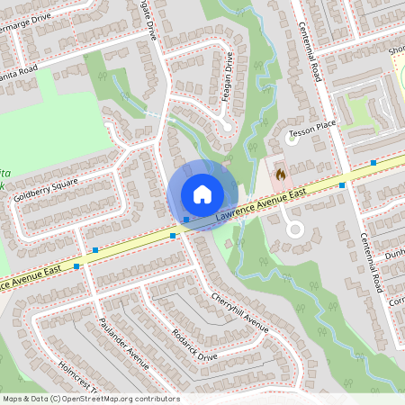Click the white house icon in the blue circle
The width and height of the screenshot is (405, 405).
202,194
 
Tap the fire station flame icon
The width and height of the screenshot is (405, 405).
279,171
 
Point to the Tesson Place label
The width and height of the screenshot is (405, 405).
311,135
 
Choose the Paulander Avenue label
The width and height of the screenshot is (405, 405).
123,343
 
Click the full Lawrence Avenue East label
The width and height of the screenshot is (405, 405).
261,204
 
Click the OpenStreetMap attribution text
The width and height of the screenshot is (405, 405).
91,399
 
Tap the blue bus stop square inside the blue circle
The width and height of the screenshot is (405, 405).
185,219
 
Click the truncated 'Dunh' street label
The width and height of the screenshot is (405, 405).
394,256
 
